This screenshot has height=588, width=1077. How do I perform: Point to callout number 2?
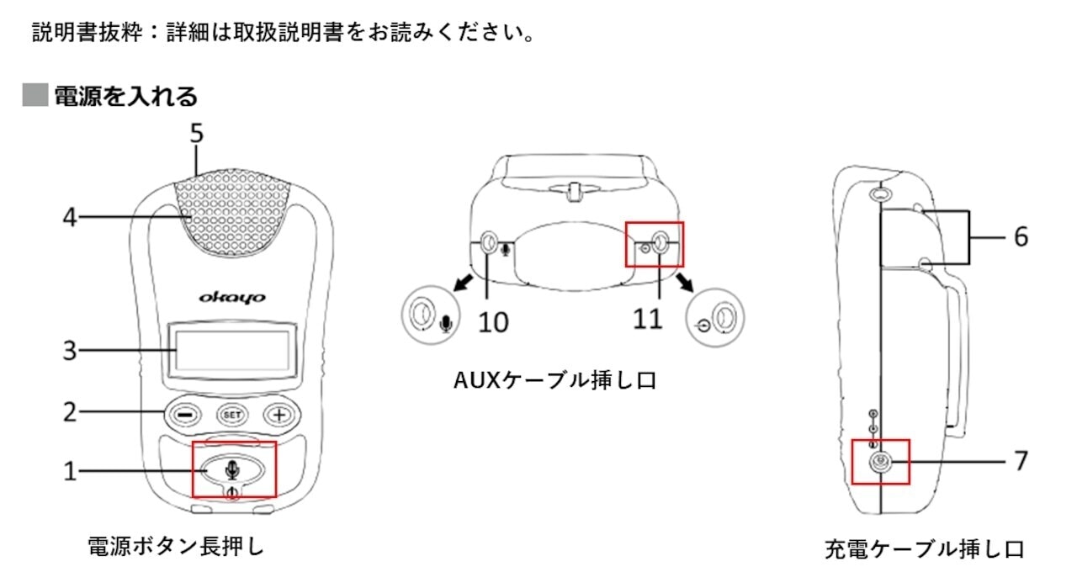pos(71,412)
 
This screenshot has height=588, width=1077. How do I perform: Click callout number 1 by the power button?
pos(71,471)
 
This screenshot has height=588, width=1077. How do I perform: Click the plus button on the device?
pos(278,414)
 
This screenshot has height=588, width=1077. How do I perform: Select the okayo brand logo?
pos(233,296)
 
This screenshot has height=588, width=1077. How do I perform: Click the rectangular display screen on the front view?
pos(233,350)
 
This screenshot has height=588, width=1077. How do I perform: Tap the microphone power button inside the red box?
pos(234,469)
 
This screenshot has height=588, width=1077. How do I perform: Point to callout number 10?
pos(495,321)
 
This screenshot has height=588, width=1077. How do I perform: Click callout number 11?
pos(648,320)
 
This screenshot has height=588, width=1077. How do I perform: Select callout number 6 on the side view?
pos(1020,237)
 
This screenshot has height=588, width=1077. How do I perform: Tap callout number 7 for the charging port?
pos(1020,461)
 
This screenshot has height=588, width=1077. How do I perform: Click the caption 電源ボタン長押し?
pos(176,547)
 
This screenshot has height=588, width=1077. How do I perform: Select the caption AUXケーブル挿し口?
pos(554,381)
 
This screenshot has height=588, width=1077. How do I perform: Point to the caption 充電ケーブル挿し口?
pos(923,550)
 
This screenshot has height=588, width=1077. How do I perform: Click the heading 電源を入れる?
pos(126,97)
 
